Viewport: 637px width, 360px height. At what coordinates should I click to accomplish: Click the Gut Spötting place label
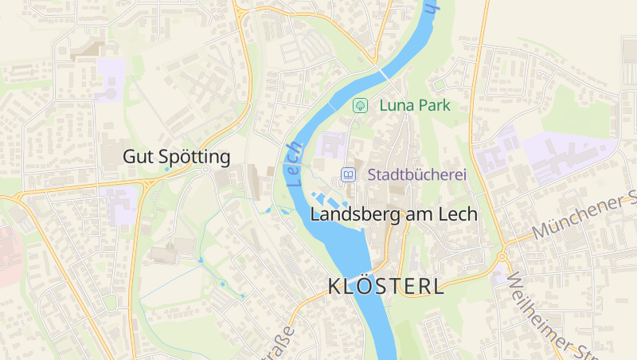tap(176, 157)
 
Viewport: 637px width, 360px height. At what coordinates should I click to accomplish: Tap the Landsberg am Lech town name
tap(393, 214)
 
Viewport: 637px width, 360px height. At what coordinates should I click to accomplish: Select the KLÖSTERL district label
tap(386, 288)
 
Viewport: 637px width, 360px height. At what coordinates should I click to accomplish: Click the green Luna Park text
tap(415, 105)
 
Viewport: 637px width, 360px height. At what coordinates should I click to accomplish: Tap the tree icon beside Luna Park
tap(360, 105)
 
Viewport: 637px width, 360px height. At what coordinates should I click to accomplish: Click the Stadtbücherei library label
tap(416, 174)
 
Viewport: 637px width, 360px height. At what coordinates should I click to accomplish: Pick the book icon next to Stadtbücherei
tap(348, 174)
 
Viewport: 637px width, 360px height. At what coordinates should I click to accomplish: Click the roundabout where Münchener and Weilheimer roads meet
tap(502, 256)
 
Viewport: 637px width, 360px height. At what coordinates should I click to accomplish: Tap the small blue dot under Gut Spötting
tap(166, 170)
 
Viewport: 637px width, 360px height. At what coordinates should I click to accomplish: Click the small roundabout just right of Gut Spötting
tap(206, 169)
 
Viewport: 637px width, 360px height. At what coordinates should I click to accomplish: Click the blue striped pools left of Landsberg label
tap(327, 198)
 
